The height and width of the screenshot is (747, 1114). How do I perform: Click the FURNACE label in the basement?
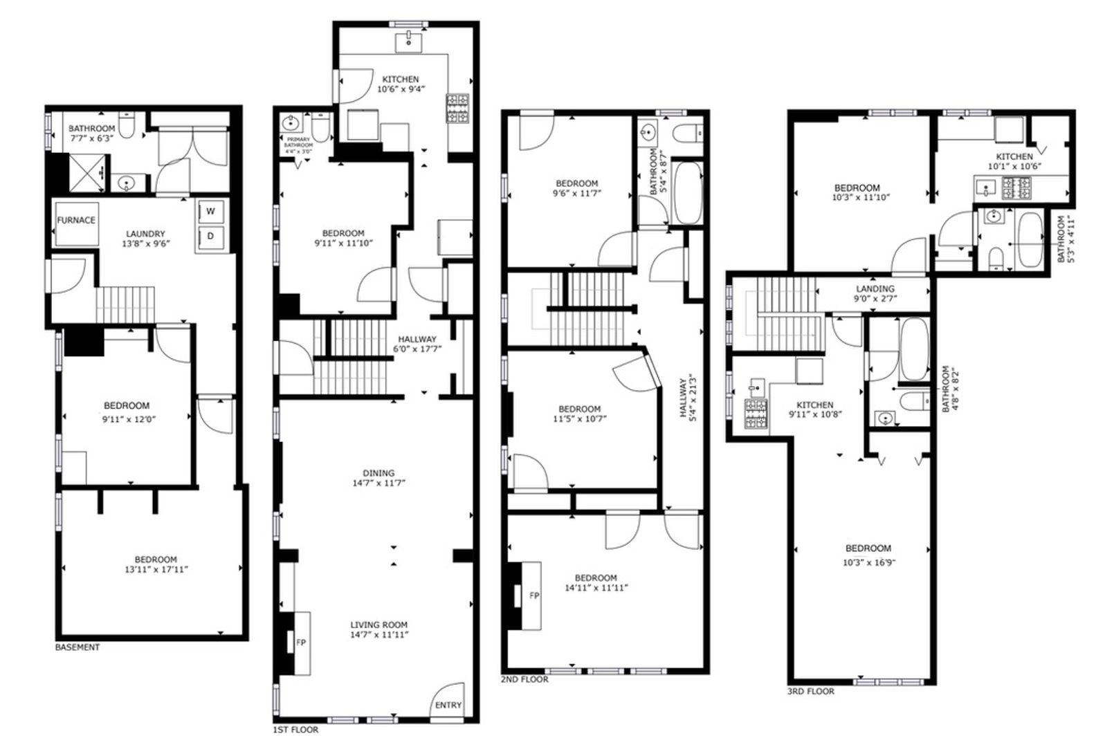click(76, 220)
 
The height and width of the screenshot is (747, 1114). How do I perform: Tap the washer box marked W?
click(210, 212)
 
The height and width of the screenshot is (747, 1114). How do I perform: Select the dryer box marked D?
click(210, 237)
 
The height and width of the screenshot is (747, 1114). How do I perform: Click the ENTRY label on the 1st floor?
click(448, 705)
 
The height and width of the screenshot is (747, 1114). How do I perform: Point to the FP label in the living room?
click(301, 642)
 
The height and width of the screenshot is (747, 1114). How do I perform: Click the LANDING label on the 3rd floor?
click(875, 288)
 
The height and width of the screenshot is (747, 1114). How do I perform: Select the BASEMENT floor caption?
click(77, 647)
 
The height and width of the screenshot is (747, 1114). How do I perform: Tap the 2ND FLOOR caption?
click(524, 679)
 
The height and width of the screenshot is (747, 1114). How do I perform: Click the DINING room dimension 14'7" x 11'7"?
click(379, 483)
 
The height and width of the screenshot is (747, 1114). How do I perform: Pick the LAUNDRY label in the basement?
click(145, 234)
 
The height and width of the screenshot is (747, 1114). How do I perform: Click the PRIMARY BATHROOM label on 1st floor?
click(298, 142)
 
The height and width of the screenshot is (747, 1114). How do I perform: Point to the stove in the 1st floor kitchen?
click(457, 109)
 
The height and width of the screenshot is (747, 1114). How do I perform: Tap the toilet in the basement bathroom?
click(128, 124)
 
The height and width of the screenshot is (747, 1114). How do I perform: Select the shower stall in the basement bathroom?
click(87, 172)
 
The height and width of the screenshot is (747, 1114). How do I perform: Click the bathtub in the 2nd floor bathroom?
click(687, 192)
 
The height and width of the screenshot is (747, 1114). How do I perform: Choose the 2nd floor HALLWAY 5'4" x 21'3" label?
click(687, 400)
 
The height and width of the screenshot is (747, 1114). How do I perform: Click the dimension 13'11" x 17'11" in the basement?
click(156, 569)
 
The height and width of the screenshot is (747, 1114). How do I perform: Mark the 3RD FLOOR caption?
click(811, 692)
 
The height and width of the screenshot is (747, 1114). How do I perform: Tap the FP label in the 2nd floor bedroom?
click(534, 596)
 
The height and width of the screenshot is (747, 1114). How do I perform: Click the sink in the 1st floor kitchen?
click(408, 43)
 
